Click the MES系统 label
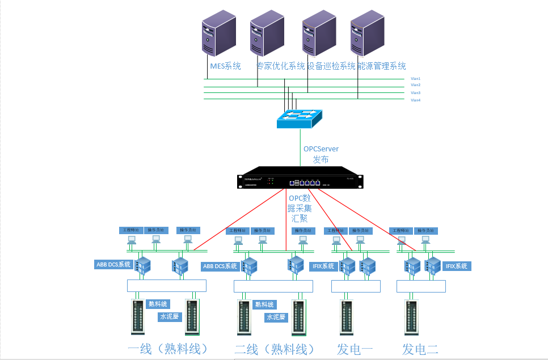225,66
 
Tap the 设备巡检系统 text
331,66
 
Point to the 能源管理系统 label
381,66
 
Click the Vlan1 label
415,79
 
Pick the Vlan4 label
415,100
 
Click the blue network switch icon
299,117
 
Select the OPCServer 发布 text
321,154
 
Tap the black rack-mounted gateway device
299,179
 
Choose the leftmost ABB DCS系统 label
113,264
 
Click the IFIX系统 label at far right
456,266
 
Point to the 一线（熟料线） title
168,349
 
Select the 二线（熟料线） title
275,349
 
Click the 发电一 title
355,349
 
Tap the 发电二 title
420,349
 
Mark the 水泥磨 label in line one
169,316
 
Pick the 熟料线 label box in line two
264,305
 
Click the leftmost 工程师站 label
131,230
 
